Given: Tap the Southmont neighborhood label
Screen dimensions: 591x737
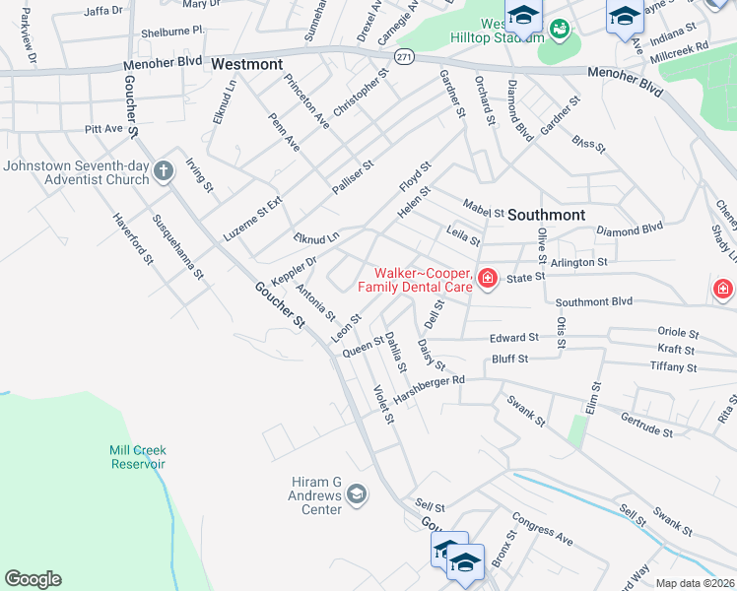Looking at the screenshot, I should click(549, 214).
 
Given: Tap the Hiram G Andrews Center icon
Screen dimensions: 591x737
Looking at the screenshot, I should click(357, 494).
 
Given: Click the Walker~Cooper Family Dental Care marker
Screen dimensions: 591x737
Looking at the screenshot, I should click(487, 280).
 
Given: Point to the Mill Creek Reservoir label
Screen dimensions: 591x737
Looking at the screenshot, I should click(137, 456).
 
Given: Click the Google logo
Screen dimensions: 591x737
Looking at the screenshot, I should click(33, 579).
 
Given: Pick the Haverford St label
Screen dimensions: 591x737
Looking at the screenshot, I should click(133, 239).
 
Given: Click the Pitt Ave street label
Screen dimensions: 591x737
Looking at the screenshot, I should click(104, 129).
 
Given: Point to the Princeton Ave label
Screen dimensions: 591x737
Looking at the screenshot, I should click(306, 100).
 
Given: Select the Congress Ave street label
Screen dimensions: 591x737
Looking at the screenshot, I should click(542, 533).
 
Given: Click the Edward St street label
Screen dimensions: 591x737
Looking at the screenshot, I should click(513, 337).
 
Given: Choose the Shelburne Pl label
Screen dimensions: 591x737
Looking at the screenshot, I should click(171, 31).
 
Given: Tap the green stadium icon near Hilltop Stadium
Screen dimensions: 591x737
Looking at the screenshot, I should click(560, 30).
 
